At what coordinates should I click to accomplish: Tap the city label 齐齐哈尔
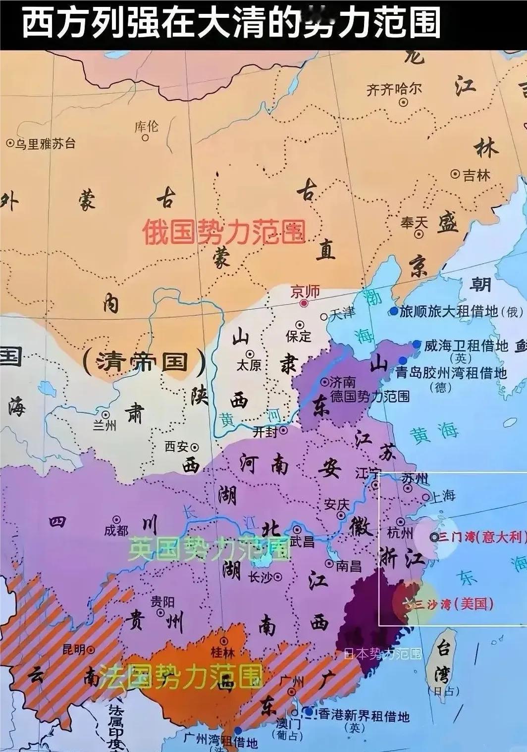[394, 89]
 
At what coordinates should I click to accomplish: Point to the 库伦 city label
[147, 127]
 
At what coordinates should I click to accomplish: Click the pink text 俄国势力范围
[224, 232]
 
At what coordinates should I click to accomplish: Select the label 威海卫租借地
[466, 345]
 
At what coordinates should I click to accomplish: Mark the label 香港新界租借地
[363, 715]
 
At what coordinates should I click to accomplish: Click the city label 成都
[116, 531]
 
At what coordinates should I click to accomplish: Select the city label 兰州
[105, 425]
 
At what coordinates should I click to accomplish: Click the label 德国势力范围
[369, 396]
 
